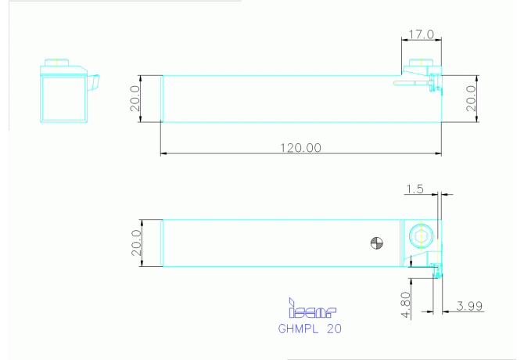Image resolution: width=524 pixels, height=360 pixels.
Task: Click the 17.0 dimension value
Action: (421, 34)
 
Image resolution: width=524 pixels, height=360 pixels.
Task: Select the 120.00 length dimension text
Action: (300, 148)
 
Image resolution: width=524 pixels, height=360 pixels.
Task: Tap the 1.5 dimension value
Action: (415, 189)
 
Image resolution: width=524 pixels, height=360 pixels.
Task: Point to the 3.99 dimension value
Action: (469, 306)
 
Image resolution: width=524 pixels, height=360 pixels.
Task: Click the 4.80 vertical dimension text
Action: (405, 305)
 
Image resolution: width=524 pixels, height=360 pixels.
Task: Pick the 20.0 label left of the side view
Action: (135, 99)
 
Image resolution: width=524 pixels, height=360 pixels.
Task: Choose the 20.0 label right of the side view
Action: (471, 99)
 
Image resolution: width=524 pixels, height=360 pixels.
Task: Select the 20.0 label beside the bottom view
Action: (136, 243)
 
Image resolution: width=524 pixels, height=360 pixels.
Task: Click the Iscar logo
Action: (312, 308)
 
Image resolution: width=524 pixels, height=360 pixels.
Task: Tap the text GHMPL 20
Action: (310, 329)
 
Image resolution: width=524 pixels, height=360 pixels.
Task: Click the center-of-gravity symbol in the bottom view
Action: (377, 243)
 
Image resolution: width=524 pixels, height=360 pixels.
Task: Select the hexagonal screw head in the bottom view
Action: (421, 236)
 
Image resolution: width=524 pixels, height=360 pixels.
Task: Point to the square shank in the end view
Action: (64, 99)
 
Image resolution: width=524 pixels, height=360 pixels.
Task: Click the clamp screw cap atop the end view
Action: (57, 63)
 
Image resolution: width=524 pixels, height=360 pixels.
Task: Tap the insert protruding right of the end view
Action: (93, 82)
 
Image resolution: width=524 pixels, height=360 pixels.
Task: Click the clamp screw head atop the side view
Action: (421, 63)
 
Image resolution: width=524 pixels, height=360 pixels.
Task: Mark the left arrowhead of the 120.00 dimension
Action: (163, 153)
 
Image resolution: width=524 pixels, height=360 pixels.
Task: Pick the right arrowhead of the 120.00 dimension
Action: (438, 153)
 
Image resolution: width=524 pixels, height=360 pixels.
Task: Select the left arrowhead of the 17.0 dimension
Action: (404, 40)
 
